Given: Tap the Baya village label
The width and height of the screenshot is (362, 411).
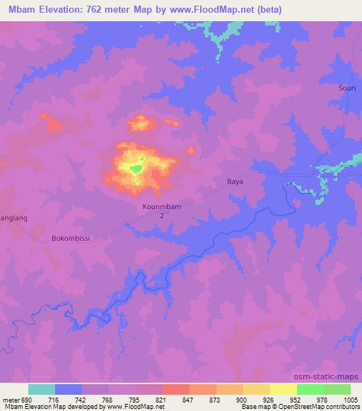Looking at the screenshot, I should click(x=235, y=181).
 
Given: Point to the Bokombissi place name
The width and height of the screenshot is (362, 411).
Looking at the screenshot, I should click(x=69, y=239).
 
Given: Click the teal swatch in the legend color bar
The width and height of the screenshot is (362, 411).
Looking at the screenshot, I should click(x=42, y=389).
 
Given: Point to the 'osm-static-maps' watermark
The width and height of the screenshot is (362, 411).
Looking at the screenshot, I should click(x=332, y=376).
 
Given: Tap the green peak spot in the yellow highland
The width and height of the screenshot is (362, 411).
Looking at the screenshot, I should click(x=141, y=162).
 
